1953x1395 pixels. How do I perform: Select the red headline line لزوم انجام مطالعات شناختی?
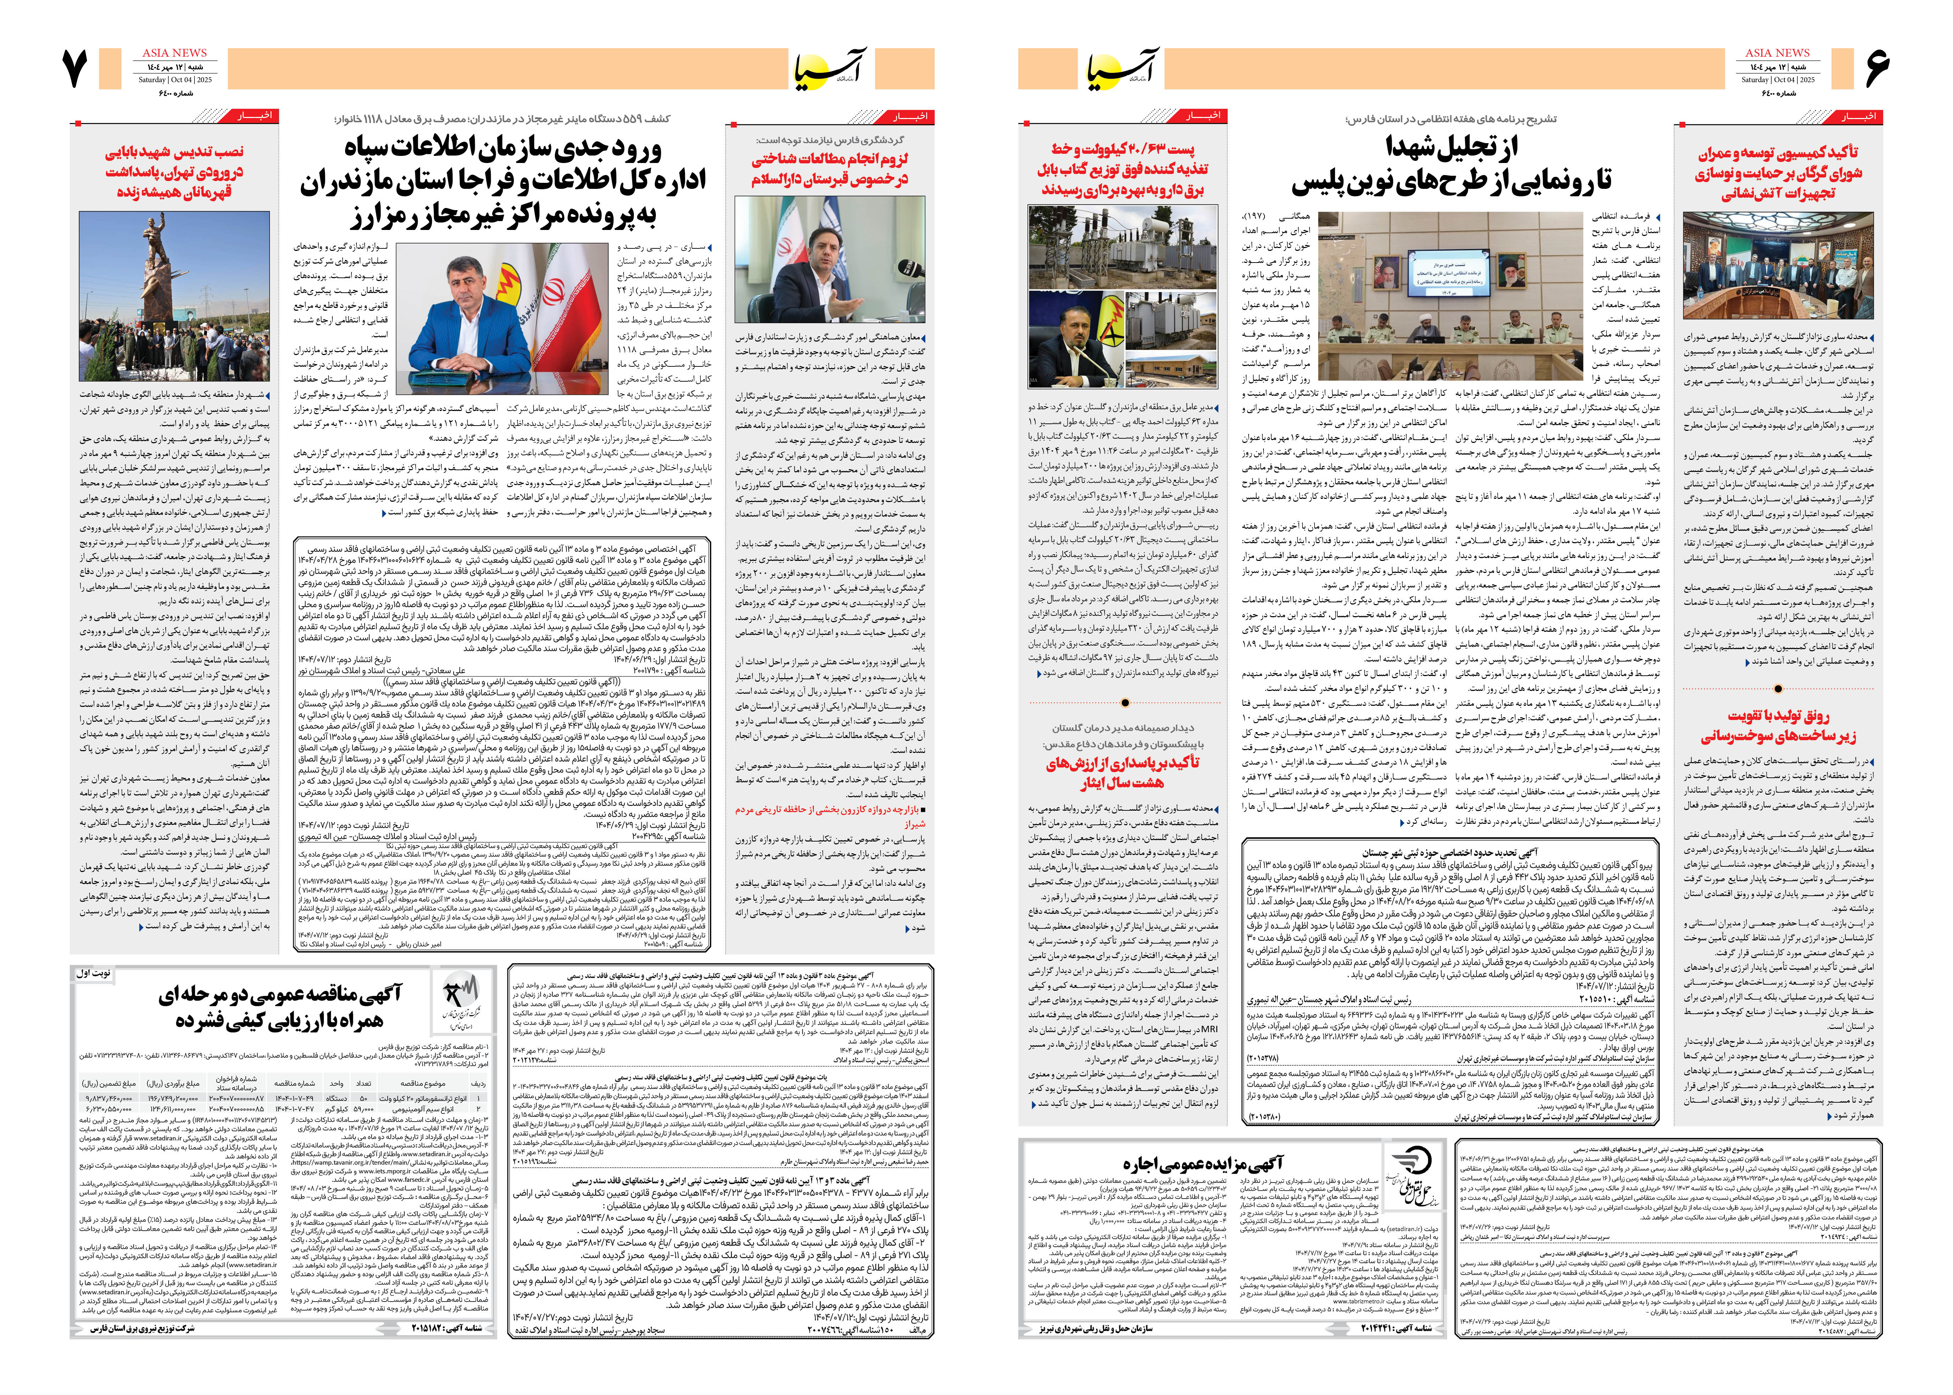[829, 159]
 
